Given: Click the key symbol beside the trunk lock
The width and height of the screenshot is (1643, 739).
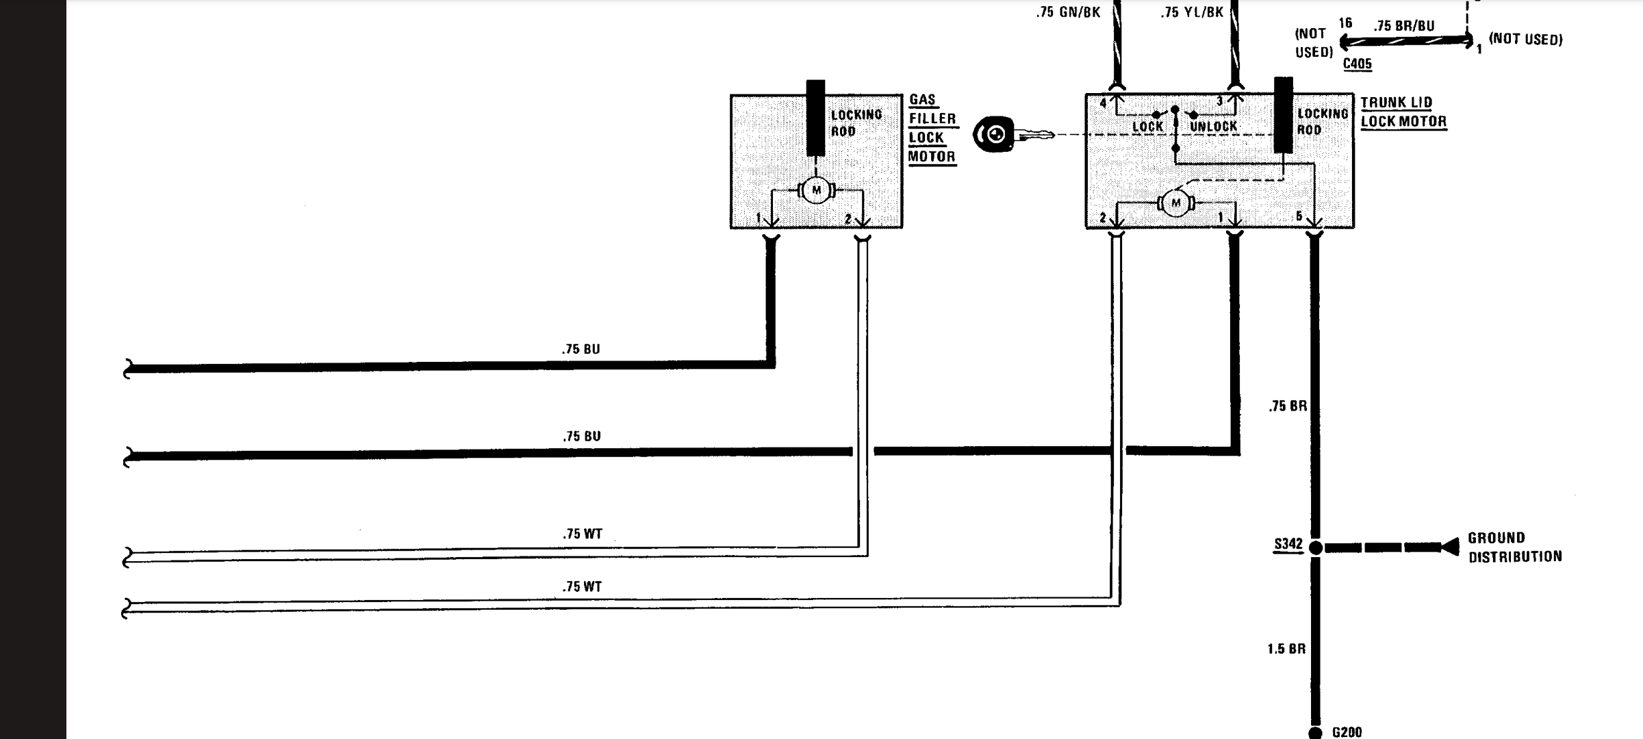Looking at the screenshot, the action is click(x=1013, y=134).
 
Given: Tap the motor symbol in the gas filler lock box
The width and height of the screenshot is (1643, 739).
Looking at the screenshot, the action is click(x=816, y=190).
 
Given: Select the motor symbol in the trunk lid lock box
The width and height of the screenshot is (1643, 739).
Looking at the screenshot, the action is click(x=1176, y=203).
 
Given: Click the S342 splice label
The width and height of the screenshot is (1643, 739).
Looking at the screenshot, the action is click(x=1288, y=545).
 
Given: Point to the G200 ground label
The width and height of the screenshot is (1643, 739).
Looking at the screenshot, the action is click(x=1347, y=732).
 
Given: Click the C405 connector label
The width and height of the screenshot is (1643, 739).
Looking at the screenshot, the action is click(x=1357, y=64).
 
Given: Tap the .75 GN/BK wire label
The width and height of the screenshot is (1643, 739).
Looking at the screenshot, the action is click(x=1068, y=12).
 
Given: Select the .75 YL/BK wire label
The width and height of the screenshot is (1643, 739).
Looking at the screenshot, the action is click(x=1192, y=12).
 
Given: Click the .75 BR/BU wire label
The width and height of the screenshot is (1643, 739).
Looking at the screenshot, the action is click(x=1403, y=26).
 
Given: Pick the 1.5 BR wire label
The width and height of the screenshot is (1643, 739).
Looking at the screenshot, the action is click(x=1286, y=649).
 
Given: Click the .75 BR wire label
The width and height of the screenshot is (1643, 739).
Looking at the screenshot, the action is click(x=1288, y=406).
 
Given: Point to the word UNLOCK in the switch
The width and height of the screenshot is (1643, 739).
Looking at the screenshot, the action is click(x=1214, y=127).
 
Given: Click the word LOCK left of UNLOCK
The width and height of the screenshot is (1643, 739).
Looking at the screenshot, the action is click(x=1147, y=127).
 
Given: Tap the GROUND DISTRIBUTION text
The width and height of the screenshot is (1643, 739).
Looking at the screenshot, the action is click(x=1515, y=547).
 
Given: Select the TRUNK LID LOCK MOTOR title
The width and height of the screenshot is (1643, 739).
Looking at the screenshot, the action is click(x=1403, y=112).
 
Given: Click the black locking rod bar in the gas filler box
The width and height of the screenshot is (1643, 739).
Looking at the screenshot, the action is click(x=815, y=118).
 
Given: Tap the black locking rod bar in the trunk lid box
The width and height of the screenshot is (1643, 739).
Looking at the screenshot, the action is click(x=1284, y=115).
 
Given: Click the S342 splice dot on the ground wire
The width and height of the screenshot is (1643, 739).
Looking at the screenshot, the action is click(x=1315, y=547).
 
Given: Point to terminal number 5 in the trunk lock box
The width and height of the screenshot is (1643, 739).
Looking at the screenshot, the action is click(x=1299, y=216).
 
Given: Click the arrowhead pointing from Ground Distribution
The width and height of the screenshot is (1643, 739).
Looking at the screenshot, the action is click(x=1450, y=547).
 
